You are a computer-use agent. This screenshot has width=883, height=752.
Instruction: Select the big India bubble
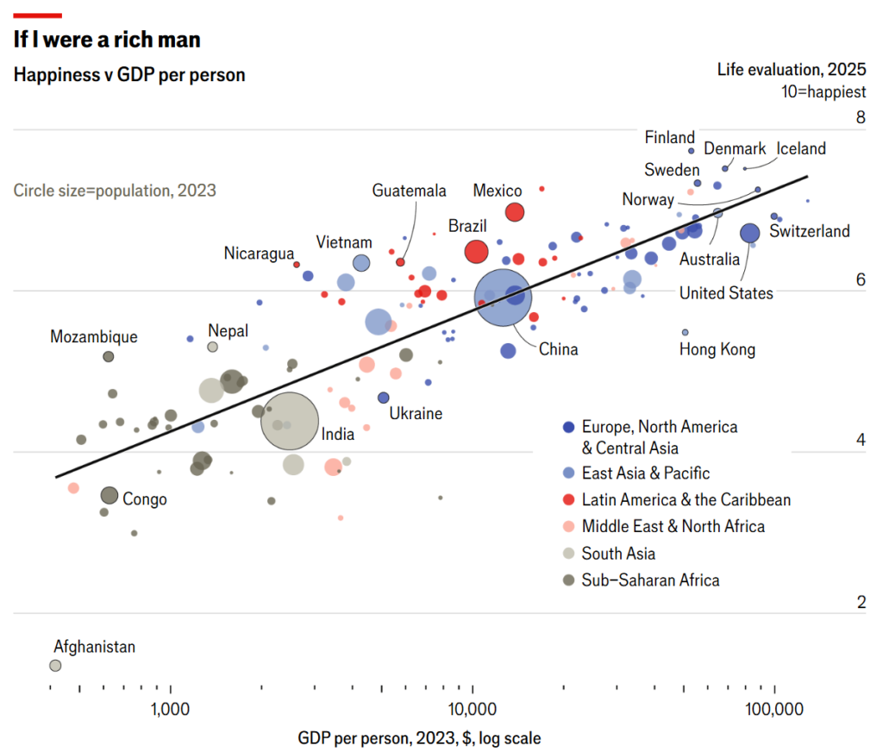(291, 421)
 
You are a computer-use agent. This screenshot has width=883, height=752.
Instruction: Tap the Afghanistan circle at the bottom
(55, 665)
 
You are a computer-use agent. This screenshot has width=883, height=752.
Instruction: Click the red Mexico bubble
(515, 212)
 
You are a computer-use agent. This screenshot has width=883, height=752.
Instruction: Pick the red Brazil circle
(476, 252)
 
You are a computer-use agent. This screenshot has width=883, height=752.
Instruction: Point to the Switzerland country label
(809, 231)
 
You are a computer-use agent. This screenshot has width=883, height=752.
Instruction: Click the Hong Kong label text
(717, 349)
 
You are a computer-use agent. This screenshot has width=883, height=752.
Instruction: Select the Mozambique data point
(109, 356)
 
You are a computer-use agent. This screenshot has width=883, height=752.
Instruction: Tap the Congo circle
(109, 495)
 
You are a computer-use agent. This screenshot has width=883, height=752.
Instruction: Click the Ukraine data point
(384, 398)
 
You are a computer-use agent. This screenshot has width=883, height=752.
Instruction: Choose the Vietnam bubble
(361, 263)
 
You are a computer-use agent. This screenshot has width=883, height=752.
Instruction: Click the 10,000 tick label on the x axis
(473, 710)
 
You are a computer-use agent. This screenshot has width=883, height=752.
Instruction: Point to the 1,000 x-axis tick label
(171, 710)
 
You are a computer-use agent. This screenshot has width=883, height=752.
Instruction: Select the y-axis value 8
(860, 117)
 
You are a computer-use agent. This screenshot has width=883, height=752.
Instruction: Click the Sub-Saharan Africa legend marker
(568, 580)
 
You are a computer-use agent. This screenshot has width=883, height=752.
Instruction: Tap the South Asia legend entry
(618, 554)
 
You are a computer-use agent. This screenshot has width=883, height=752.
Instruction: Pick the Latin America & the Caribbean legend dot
(568, 500)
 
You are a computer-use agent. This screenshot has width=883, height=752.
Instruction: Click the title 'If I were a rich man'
(107, 40)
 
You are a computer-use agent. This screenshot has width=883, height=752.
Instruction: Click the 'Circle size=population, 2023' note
(115, 191)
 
